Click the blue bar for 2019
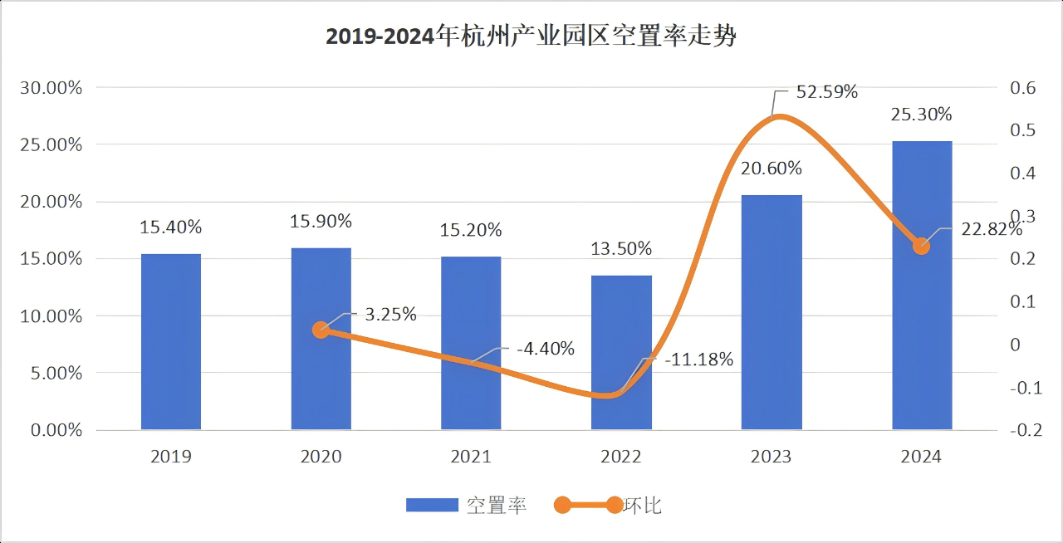[171, 341]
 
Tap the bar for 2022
[621, 352]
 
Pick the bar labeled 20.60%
[772, 312]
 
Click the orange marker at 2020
[321, 330]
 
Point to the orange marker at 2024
[921, 246]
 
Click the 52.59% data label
[826, 92]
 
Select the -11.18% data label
[698, 360]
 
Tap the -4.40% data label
[545, 349]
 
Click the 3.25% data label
[390, 314]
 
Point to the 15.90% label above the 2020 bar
[321, 222]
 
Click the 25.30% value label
[922, 115]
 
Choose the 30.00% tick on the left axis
[51, 88]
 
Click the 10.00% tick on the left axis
[51, 316]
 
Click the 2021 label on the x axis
[471, 457]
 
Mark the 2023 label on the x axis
[771, 457]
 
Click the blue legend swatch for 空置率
[432, 505]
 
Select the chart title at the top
[531, 37]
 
